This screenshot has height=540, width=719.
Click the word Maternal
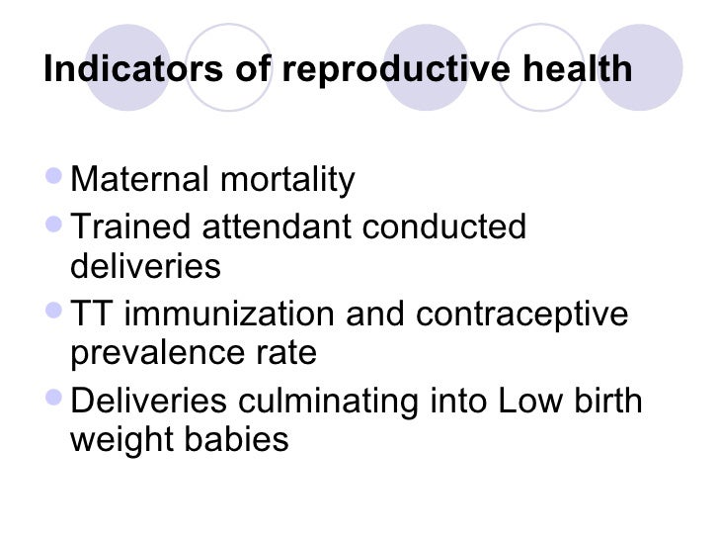pos(138,180)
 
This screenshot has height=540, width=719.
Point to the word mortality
pos(285,180)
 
